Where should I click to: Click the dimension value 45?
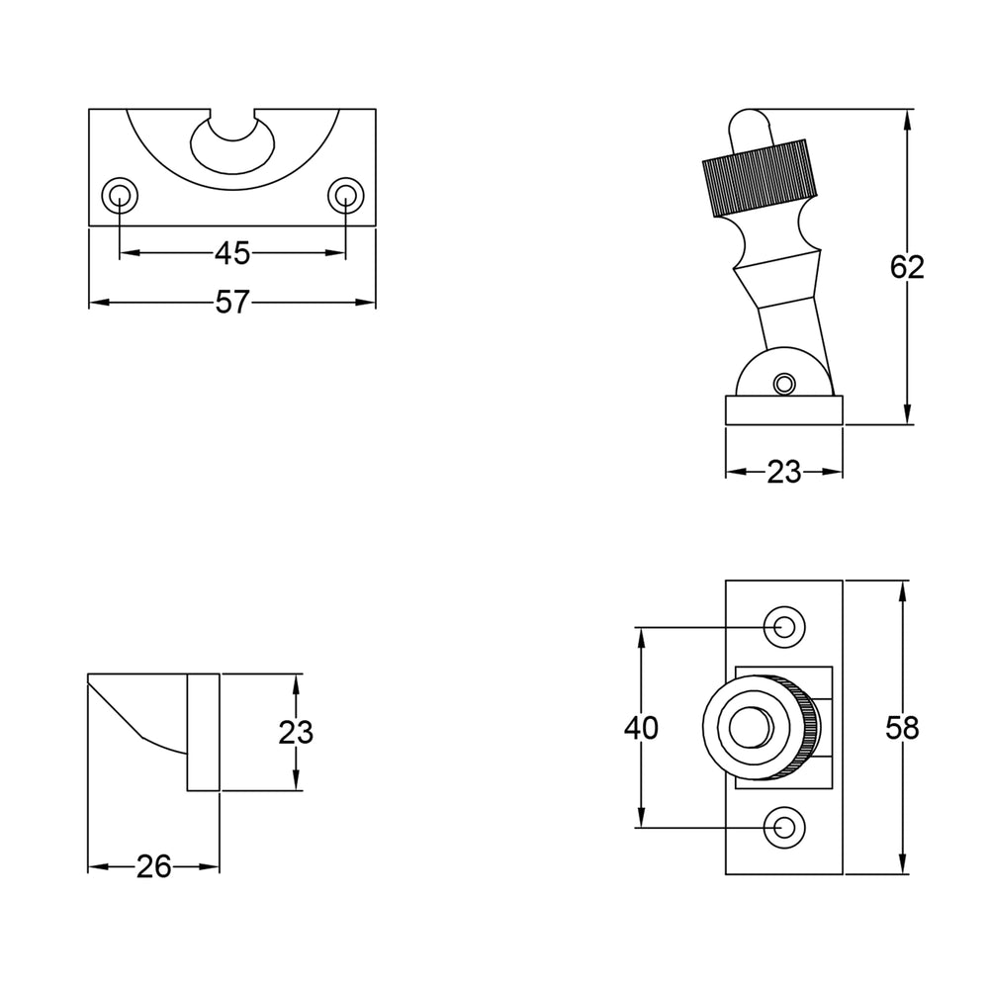pos(232,253)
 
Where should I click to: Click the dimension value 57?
pos(232,302)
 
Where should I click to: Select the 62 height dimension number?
pos(907,267)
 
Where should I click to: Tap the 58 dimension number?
pos(902,728)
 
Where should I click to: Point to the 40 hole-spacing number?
pos(641,728)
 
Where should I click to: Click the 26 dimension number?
pos(153,866)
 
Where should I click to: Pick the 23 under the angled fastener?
pos(783,472)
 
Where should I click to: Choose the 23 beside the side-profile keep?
pos(295,732)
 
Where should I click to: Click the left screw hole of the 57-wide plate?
pos(120,196)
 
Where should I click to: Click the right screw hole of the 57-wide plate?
pos(345,196)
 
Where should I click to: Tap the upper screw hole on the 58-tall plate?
pos(784,628)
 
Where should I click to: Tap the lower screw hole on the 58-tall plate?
pos(784,827)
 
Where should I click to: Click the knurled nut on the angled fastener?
pos(760,178)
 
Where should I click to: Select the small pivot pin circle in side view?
pos(784,383)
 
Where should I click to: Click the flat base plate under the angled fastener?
pos(784,410)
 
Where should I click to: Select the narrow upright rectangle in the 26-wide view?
pos(203,732)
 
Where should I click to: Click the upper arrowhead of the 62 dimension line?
pos(907,120)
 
